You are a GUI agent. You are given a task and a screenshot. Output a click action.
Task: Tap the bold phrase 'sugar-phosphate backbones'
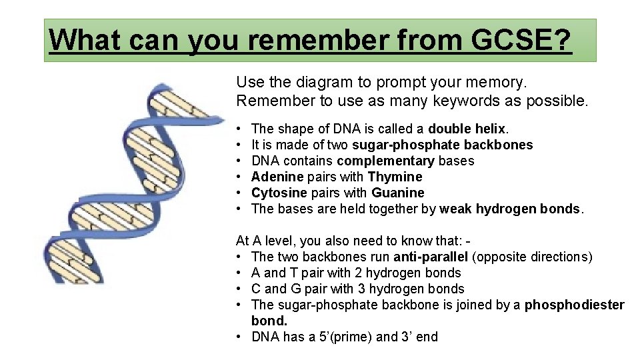click(442, 145)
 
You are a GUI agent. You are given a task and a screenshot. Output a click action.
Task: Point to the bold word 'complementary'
click(385, 161)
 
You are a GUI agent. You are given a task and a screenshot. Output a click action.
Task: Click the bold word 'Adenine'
click(276, 177)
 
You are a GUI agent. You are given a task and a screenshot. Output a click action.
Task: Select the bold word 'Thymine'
click(395, 177)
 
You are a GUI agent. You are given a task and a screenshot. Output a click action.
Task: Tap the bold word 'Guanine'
click(398, 193)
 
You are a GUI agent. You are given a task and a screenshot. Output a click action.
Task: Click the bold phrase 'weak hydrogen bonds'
click(510, 209)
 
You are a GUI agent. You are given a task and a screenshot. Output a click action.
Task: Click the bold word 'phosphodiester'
click(575, 305)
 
